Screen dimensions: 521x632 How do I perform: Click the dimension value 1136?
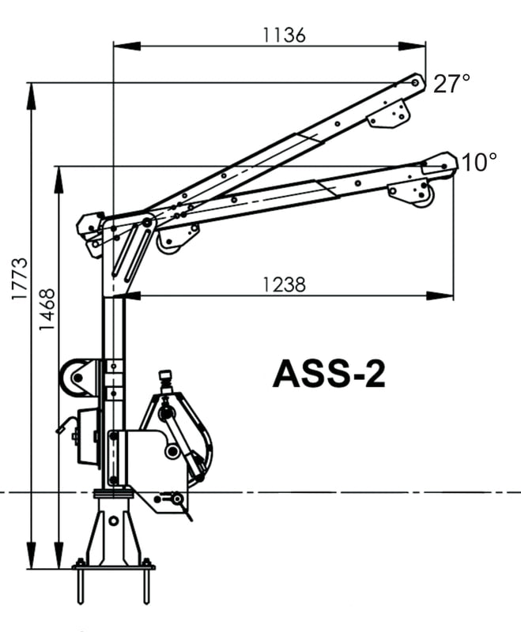[x=284, y=35]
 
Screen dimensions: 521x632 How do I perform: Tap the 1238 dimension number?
[x=284, y=284]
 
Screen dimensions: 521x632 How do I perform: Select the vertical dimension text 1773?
[x=20, y=279]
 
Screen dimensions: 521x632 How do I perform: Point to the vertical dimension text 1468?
[x=47, y=309]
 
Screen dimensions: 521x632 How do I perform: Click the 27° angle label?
[x=451, y=84]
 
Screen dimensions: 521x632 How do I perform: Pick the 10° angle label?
[x=478, y=163]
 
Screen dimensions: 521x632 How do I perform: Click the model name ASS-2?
[x=329, y=374]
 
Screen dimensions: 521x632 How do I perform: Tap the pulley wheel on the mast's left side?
[x=75, y=378]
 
